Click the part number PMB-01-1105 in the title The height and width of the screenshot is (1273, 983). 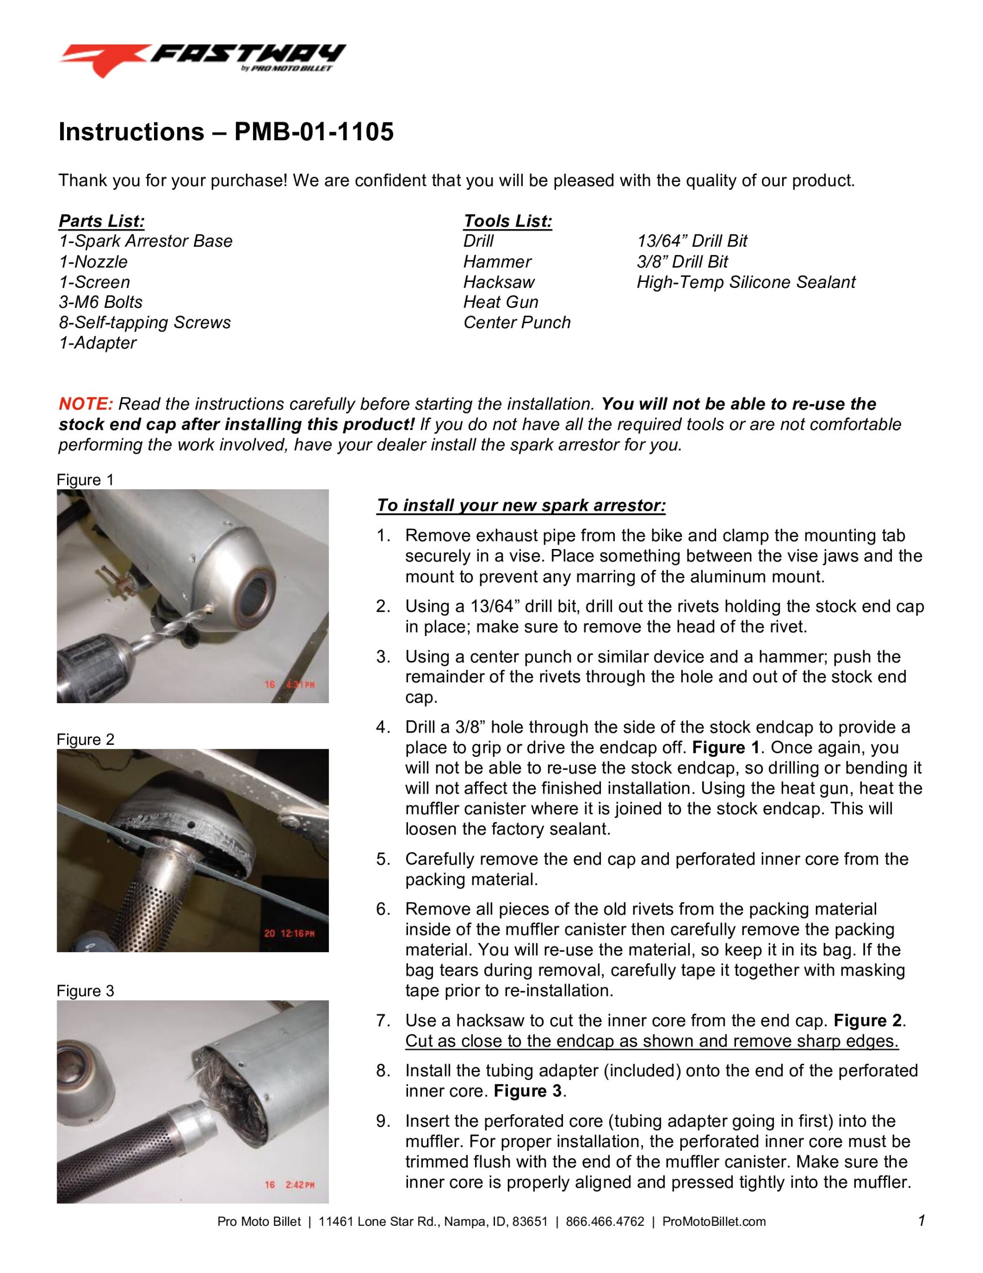click(x=314, y=132)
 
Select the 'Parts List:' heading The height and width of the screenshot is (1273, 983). click(x=101, y=221)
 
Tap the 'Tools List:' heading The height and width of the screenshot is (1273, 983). click(x=507, y=221)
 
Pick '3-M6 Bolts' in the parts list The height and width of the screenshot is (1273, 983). click(x=100, y=302)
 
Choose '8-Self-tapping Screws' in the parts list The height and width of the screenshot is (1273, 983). click(x=145, y=322)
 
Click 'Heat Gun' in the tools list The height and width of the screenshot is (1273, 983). click(x=500, y=302)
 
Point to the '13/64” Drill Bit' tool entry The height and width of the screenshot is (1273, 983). click(x=691, y=241)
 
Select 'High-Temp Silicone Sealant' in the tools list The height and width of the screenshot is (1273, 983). click(x=745, y=282)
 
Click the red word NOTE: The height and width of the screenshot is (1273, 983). click(x=85, y=404)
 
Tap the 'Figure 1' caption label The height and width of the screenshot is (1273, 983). click(x=85, y=480)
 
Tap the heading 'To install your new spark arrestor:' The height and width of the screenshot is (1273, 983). click(x=520, y=505)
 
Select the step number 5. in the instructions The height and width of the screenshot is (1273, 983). click(x=383, y=859)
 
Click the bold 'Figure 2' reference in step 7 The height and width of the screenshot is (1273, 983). click(x=868, y=1020)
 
